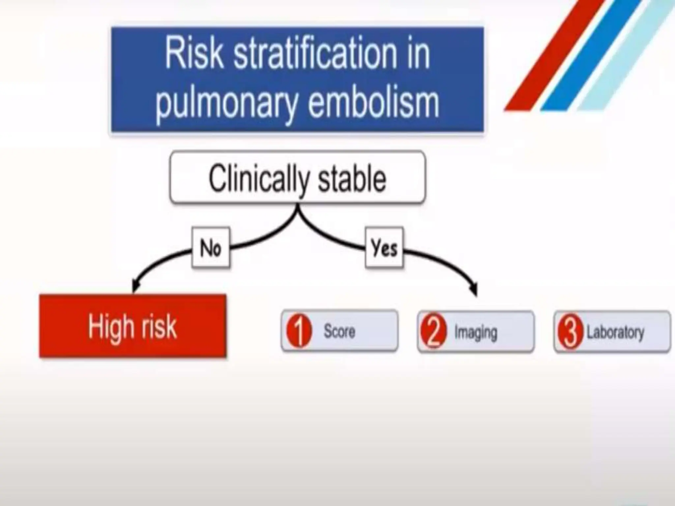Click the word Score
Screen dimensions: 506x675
pos(339,331)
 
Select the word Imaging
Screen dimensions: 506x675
pos(476,332)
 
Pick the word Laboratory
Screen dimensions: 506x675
pos(615,332)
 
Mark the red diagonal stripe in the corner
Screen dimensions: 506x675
pos(554,56)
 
